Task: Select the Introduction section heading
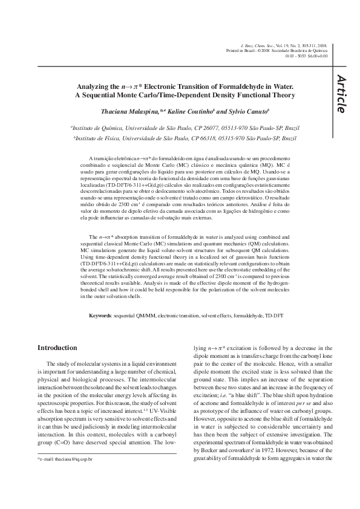[x=57, y=348]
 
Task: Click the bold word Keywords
[x=100, y=316]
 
